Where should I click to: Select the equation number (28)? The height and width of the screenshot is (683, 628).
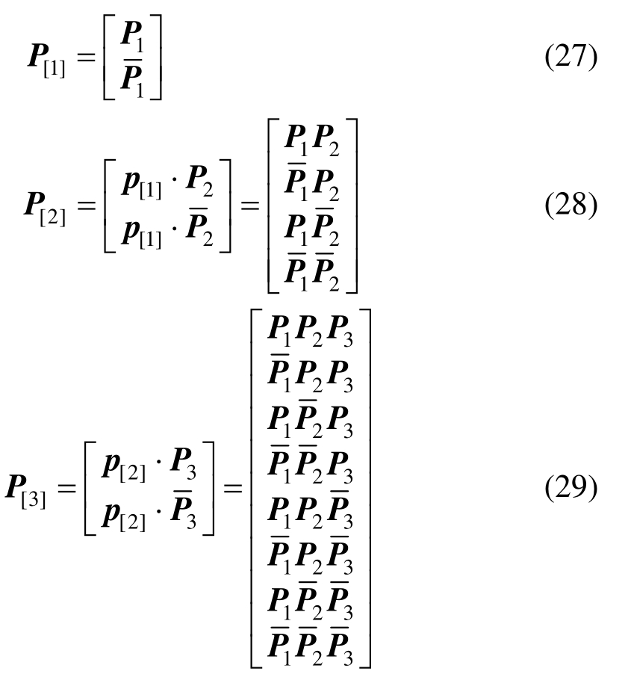571,206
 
